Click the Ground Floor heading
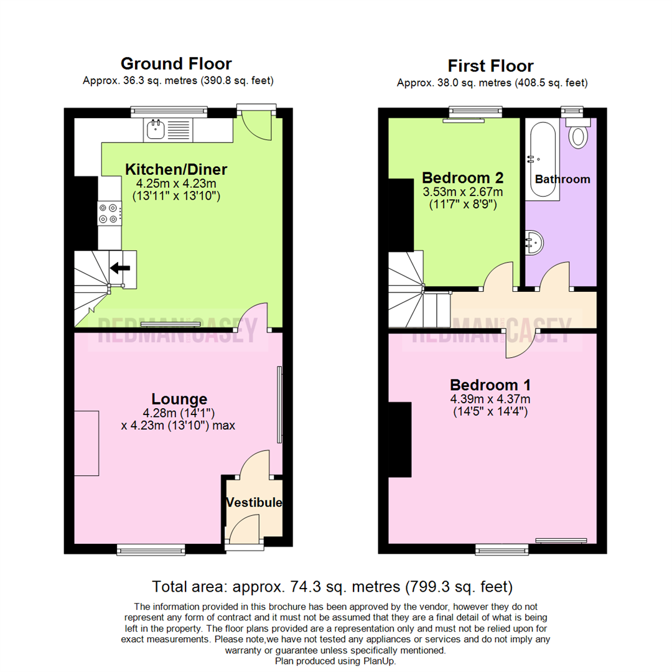coord(176,63)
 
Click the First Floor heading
coord(490,66)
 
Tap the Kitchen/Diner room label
coord(176,169)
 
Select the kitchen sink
coord(155,129)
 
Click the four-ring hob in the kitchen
coord(108,213)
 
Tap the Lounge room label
coord(179,399)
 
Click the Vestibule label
coord(254,502)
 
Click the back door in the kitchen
coord(257,124)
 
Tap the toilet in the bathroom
coord(579,134)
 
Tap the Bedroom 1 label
coord(490,384)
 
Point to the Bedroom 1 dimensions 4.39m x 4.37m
coord(490,399)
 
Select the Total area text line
coord(332,586)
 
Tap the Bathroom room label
coord(562,179)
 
